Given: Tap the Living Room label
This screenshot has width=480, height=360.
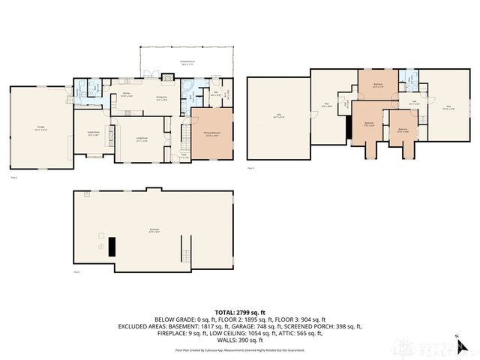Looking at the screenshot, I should click(141, 141).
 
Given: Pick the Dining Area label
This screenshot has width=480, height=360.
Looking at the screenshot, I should click(160, 98).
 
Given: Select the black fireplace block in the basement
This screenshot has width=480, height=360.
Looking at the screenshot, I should click(112, 246).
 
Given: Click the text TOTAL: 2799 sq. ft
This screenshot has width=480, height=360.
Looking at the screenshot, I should click(240, 312).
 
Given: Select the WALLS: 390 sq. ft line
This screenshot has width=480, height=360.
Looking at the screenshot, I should click(240, 340).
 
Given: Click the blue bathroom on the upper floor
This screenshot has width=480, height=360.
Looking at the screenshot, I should click(407, 77).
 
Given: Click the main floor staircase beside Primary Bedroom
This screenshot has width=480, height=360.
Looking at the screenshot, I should click(181, 135).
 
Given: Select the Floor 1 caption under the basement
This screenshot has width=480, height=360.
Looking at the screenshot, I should click(77, 272).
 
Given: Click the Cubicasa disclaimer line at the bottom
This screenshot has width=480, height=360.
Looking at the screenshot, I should click(240, 349).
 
